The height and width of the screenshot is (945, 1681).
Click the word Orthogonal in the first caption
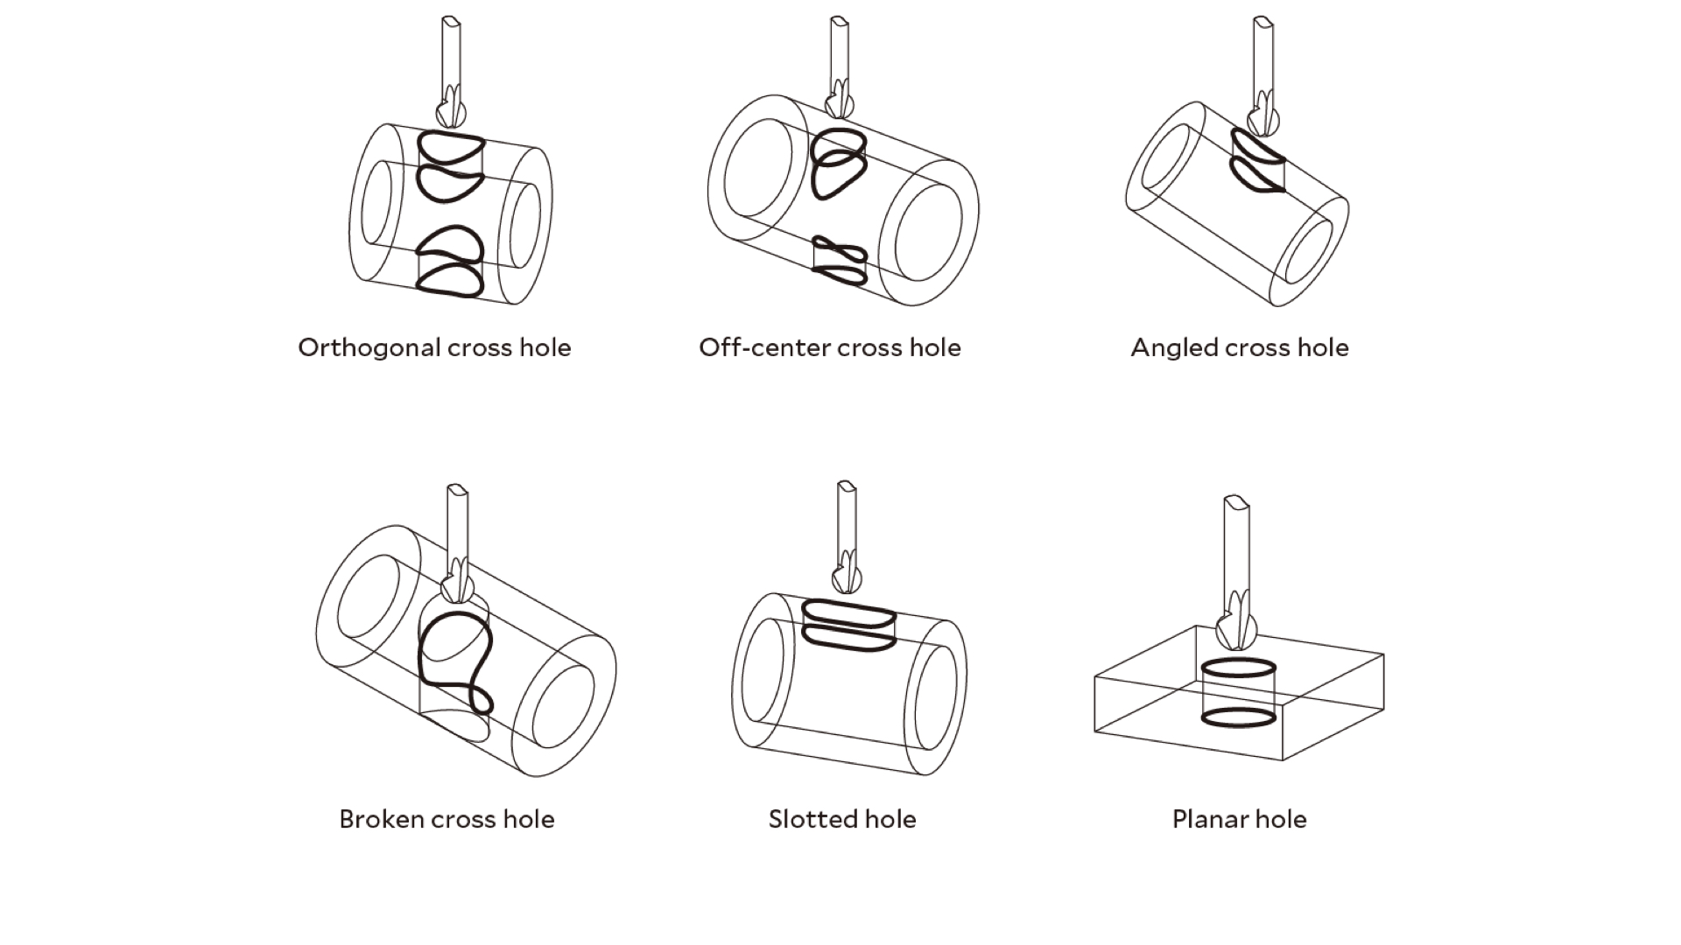point(369,348)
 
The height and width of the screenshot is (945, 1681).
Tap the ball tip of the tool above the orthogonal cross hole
point(452,112)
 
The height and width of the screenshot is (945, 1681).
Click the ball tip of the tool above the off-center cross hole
point(840,102)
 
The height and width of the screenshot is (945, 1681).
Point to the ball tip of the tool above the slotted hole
point(847,578)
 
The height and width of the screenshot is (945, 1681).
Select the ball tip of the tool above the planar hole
point(1236,629)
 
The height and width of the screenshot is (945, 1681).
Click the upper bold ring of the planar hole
point(1238,667)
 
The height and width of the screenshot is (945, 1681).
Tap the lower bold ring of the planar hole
point(1238,717)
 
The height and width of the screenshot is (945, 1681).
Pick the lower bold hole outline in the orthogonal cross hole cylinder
point(449,285)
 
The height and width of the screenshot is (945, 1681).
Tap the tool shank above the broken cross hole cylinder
point(457,525)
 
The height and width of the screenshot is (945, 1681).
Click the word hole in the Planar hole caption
point(1280,819)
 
